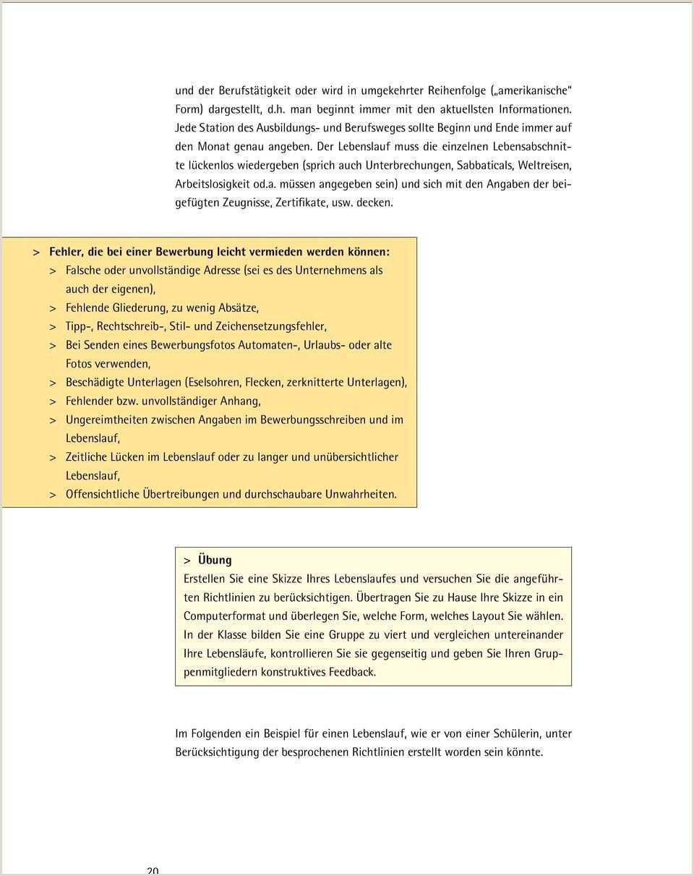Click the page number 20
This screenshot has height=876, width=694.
pos(153,871)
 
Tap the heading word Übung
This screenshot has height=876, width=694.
pos(215,560)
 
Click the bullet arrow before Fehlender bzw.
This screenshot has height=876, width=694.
pos(53,401)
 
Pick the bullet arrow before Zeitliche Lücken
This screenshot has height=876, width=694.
pos(53,457)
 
